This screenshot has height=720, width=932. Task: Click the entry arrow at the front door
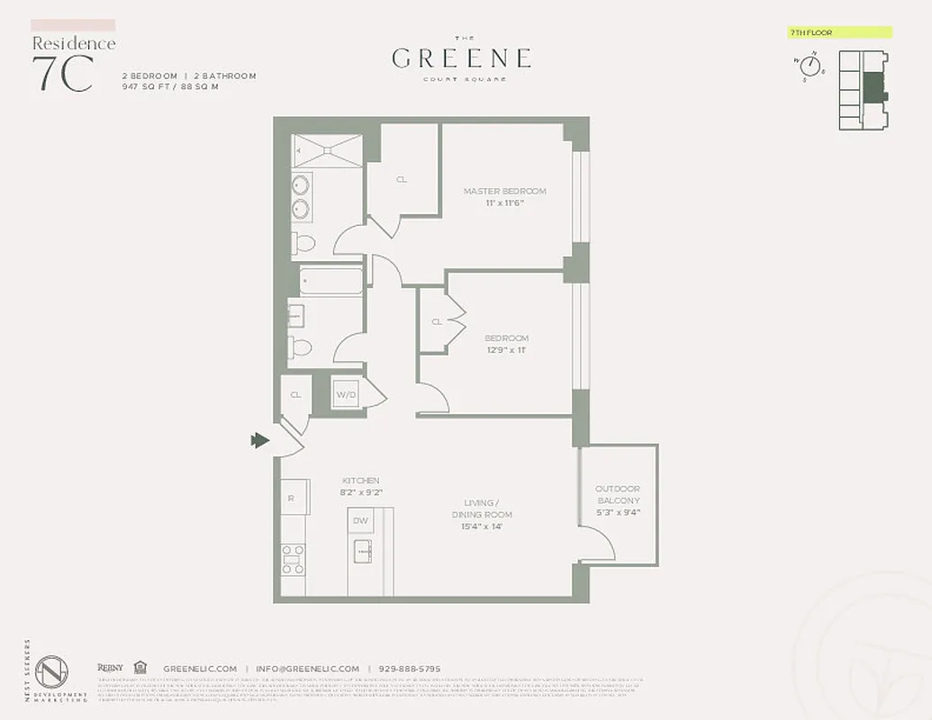pyautogui.click(x=260, y=439)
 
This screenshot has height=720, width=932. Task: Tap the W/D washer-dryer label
pyautogui.click(x=347, y=393)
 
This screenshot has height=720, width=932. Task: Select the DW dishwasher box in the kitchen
pyautogui.click(x=360, y=520)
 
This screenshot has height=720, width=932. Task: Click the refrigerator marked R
pyautogui.click(x=292, y=498)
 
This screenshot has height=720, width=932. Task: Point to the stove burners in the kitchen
pyautogui.click(x=294, y=558)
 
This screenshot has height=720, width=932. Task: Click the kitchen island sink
pyautogui.click(x=362, y=550)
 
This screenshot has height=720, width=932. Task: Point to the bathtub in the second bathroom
pyautogui.click(x=331, y=283)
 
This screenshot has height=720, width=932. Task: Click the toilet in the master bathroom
pyautogui.click(x=304, y=242)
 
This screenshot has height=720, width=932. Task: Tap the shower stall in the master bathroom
pyautogui.click(x=328, y=150)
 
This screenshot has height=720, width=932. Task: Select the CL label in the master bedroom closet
pyautogui.click(x=402, y=179)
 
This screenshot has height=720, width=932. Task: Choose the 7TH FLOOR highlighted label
pyautogui.click(x=838, y=32)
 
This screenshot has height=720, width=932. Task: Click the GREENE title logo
pyautogui.click(x=461, y=58)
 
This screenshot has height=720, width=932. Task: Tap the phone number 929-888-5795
pyautogui.click(x=409, y=669)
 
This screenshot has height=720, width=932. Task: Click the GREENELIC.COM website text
pyautogui.click(x=200, y=669)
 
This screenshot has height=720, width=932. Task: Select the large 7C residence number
pyautogui.click(x=63, y=74)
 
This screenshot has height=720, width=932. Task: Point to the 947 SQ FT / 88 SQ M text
pyautogui.click(x=171, y=87)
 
